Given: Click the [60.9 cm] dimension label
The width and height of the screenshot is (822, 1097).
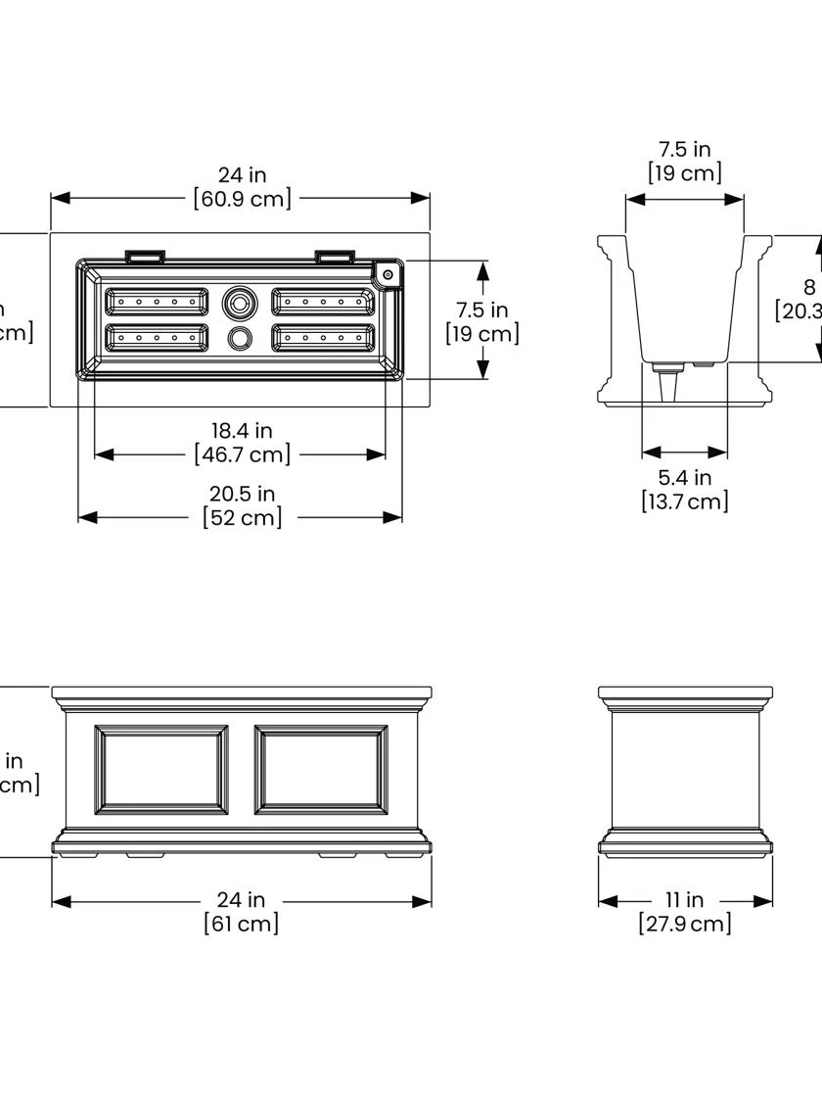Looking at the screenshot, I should point(242,199).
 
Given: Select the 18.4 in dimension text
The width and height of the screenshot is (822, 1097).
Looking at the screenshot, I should point(242,430).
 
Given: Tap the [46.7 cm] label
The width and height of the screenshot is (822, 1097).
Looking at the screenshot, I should point(242,454).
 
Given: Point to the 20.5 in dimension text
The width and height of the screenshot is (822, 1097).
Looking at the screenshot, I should point(242,493).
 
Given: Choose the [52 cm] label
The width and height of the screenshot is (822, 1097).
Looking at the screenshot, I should point(242,517).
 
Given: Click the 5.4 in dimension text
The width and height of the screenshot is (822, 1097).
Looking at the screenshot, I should point(684,477).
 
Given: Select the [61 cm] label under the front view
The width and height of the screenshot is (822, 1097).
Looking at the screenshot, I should point(242,923).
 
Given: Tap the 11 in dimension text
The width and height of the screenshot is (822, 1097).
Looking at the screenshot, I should point(684,899).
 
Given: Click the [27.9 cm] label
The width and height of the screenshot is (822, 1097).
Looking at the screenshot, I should point(684,923).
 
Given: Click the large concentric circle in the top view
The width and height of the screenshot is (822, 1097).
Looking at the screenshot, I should point(238,302).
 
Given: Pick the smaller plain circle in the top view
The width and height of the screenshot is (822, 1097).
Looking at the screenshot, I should point(239,339).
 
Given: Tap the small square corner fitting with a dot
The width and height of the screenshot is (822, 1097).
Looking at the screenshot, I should point(388,274).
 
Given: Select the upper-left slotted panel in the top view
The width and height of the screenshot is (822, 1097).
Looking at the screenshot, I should point(157,302).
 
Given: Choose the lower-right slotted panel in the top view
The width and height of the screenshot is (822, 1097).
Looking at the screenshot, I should point(323,338).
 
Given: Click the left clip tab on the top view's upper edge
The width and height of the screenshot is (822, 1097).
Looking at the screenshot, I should point(145,257).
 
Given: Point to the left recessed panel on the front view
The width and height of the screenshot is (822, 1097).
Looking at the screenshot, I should point(161,770).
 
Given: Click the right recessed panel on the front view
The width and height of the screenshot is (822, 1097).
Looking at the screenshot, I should point(321,770).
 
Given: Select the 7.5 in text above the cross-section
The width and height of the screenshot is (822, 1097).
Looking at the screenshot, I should point(684,149).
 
